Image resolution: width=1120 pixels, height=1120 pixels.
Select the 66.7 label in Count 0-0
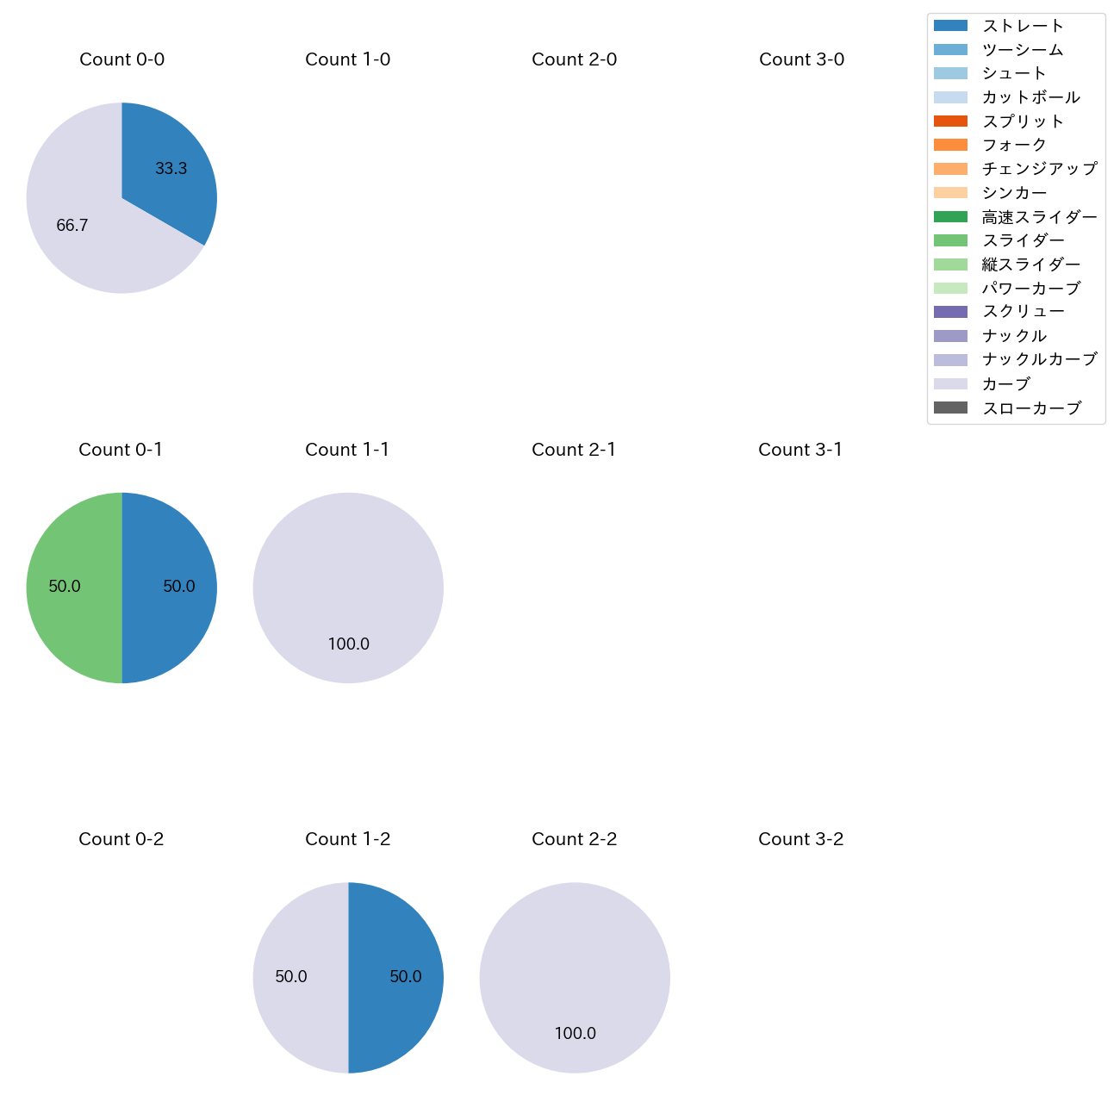72,226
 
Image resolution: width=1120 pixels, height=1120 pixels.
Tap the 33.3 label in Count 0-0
171,169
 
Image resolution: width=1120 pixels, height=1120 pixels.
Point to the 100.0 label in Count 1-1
348,644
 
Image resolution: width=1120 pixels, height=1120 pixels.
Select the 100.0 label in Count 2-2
575,1034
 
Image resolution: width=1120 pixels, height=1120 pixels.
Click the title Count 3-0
801,59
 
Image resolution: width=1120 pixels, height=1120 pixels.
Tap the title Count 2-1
574,450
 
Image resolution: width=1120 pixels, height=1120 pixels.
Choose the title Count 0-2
121,839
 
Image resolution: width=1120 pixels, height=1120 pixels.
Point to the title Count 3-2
800,839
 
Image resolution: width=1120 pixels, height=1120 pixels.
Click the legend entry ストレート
1023,26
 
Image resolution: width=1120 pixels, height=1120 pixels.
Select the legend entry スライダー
1023,240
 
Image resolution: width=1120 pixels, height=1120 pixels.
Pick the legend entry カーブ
1005,384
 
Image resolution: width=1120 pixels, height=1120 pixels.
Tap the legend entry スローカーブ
1030,408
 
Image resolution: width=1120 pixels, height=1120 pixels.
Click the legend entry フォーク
1014,145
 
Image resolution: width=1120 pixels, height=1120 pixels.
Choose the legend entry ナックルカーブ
1039,359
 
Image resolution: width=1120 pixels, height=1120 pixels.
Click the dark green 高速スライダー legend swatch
950,217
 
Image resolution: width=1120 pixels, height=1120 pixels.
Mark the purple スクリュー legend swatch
950,312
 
